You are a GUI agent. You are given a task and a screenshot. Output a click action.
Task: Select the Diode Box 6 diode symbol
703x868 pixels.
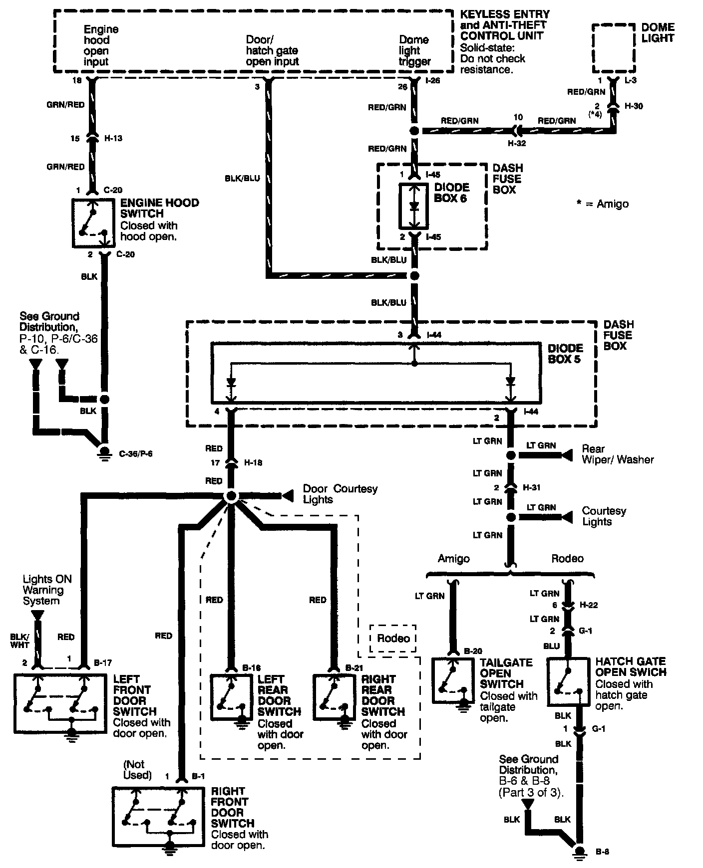[413, 206]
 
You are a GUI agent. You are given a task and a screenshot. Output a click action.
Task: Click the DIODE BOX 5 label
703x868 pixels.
[565, 353]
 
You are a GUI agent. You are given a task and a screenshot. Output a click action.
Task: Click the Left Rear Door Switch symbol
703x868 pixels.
[231, 697]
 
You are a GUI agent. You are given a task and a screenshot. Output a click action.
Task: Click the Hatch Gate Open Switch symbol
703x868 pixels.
[568, 681]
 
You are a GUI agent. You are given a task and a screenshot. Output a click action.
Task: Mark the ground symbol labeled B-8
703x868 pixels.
[580, 852]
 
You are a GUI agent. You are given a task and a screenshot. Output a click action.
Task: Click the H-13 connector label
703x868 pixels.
[114, 138]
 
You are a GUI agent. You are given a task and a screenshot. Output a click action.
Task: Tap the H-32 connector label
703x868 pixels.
[517, 143]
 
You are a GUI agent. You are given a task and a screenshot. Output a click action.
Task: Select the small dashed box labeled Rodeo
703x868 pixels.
[393, 639]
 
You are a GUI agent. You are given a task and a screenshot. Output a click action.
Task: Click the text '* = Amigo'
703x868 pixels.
[602, 204]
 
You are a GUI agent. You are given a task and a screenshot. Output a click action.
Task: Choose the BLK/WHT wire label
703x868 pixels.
[20, 641]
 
